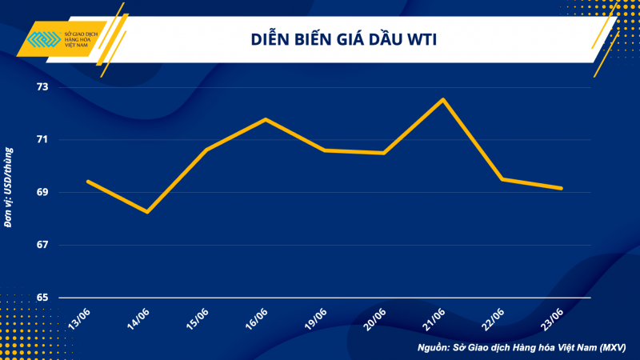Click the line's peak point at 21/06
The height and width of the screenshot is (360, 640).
click(443, 99)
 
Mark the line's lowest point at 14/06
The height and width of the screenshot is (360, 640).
click(147, 212)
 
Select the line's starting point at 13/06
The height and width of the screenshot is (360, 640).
click(88, 182)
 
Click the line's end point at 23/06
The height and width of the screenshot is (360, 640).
click(562, 188)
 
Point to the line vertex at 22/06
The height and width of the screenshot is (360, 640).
click(502, 179)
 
